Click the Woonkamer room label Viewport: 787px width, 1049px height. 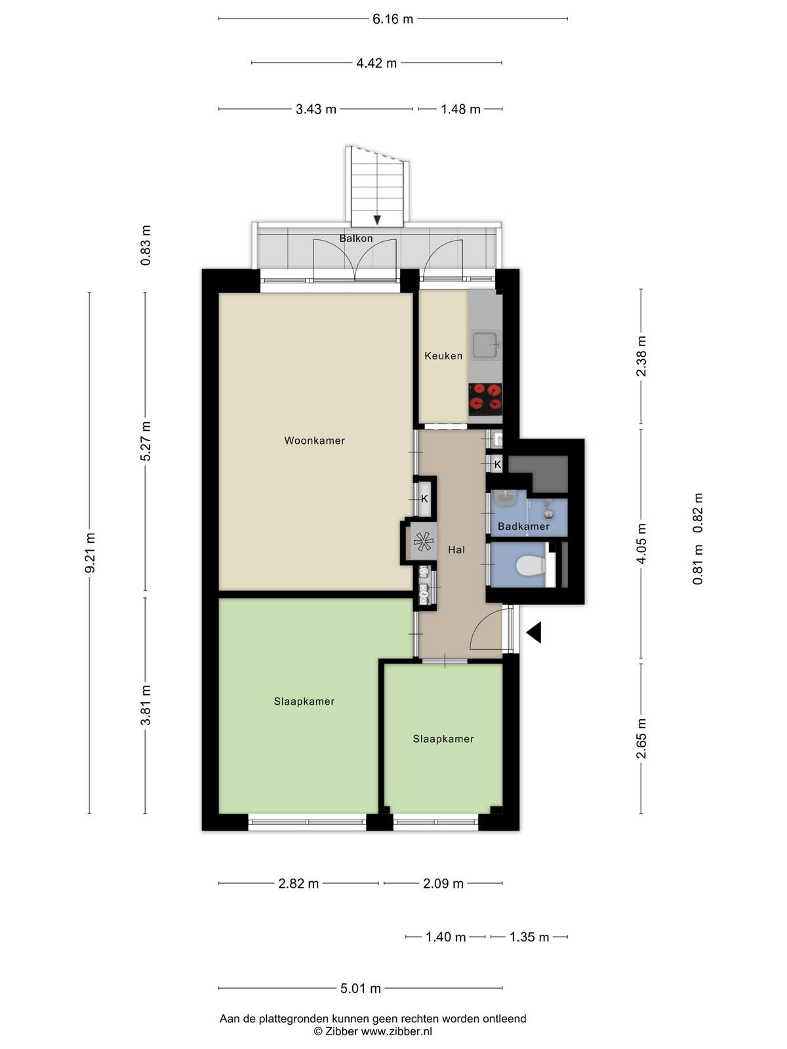[x=314, y=441]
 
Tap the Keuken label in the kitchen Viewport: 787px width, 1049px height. [x=443, y=356]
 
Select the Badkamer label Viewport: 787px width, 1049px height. [x=523, y=526]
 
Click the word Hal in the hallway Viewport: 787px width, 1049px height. [x=456, y=550]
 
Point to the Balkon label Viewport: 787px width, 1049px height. [x=356, y=239]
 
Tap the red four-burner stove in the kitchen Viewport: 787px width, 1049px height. [x=485, y=399]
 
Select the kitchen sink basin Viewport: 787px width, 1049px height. [x=485, y=344]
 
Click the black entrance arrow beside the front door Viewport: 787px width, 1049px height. [x=534, y=633]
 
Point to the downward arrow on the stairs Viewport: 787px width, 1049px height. [x=377, y=220]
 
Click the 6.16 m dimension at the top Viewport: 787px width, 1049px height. [x=393, y=19]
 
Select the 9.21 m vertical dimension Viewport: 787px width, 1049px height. [x=90, y=553]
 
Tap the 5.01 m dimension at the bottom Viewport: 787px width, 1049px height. [x=360, y=988]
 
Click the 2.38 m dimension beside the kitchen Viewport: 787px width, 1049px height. [x=641, y=356]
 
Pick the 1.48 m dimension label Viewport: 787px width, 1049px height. [x=460, y=109]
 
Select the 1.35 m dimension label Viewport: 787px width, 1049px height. [x=529, y=937]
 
